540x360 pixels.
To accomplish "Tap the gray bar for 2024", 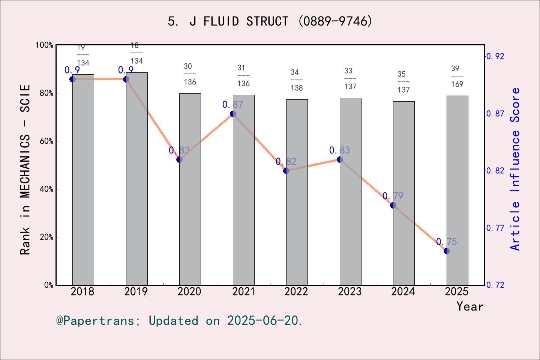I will [404, 244].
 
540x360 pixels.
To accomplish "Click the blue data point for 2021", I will [233, 114].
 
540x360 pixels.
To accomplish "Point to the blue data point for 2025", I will [447, 251].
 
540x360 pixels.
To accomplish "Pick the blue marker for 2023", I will [340, 159].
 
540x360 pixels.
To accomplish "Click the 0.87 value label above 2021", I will [233, 105].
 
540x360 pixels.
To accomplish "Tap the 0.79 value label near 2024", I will [393, 196].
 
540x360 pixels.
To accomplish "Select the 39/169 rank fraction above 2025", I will [457, 76].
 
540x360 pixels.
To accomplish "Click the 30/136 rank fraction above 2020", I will [190, 74].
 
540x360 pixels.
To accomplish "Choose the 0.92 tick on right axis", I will [495, 56].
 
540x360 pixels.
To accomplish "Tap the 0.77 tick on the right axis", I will [495, 228].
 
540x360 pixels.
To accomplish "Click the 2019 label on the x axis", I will [136, 291].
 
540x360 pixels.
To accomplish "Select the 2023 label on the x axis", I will [350, 291].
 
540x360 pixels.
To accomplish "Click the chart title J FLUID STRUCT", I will [270, 21].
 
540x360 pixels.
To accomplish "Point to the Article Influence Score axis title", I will [515, 169].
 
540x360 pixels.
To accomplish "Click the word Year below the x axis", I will [470, 306].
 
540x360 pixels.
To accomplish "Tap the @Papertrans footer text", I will [179, 321].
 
